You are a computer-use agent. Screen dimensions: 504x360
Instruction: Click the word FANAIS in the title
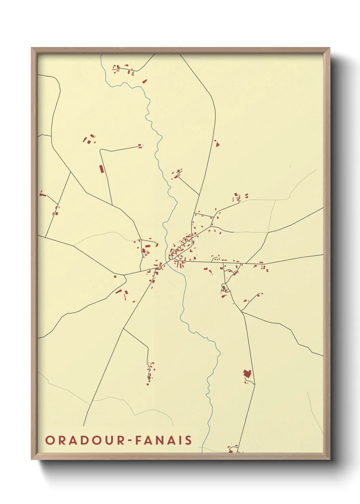[164, 440]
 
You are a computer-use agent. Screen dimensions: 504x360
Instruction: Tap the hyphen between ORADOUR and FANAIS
[130, 441]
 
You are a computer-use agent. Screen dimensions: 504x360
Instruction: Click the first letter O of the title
[50, 440]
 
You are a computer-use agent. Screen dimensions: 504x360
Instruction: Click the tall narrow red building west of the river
[101, 169]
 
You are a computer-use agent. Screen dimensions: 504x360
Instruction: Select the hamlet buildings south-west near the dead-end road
[150, 373]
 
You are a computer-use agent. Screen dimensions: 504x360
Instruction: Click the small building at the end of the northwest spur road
[140, 146]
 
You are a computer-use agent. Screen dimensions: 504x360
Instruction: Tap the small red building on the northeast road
[216, 143]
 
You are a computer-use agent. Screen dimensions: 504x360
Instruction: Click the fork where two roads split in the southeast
[241, 311]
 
